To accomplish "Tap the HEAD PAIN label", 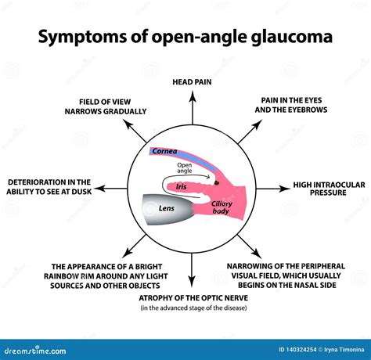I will (192, 81).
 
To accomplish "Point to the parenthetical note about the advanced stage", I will (192, 308).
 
